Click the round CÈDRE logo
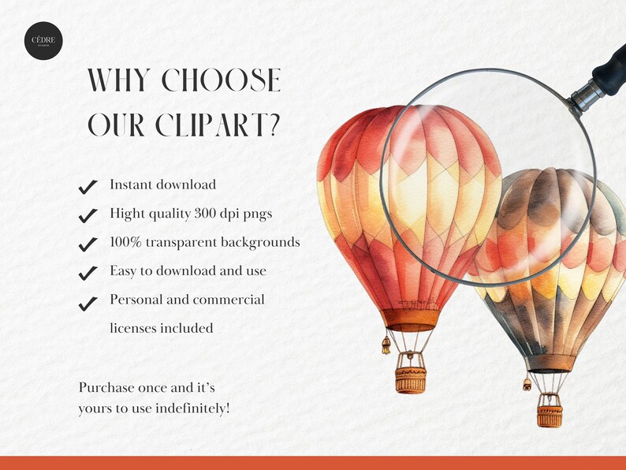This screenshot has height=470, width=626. pyautogui.click(x=43, y=42)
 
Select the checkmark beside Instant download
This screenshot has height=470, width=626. pyautogui.click(x=88, y=187)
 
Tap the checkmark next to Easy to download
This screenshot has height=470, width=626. pyautogui.click(x=88, y=273)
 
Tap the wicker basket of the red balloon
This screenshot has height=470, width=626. pyautogui.click(x=410, y=378)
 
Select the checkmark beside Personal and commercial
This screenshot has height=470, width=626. pyautogui.click(x=88, y=302)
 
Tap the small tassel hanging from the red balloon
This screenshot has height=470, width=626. pyautogui.click(x=386, y=345)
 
